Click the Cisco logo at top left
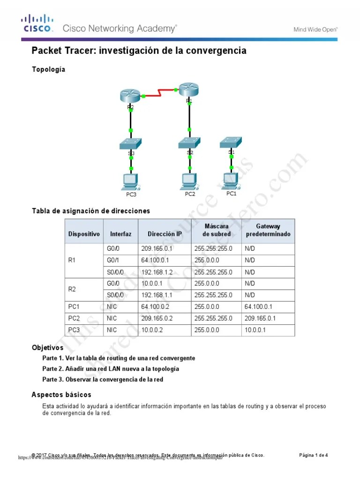[37, 24]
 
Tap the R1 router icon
[189, 89]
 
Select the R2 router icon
[130, 95]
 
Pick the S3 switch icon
[131, 143]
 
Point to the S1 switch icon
[231, 141]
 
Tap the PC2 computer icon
[189, 180]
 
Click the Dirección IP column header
[165, 234]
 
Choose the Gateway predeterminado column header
[268, 230]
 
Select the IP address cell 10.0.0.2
[151, 330]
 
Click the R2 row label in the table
[72, 289]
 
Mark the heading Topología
[48, 69]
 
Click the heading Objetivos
[47, 348]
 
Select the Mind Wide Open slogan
[315, 30]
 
